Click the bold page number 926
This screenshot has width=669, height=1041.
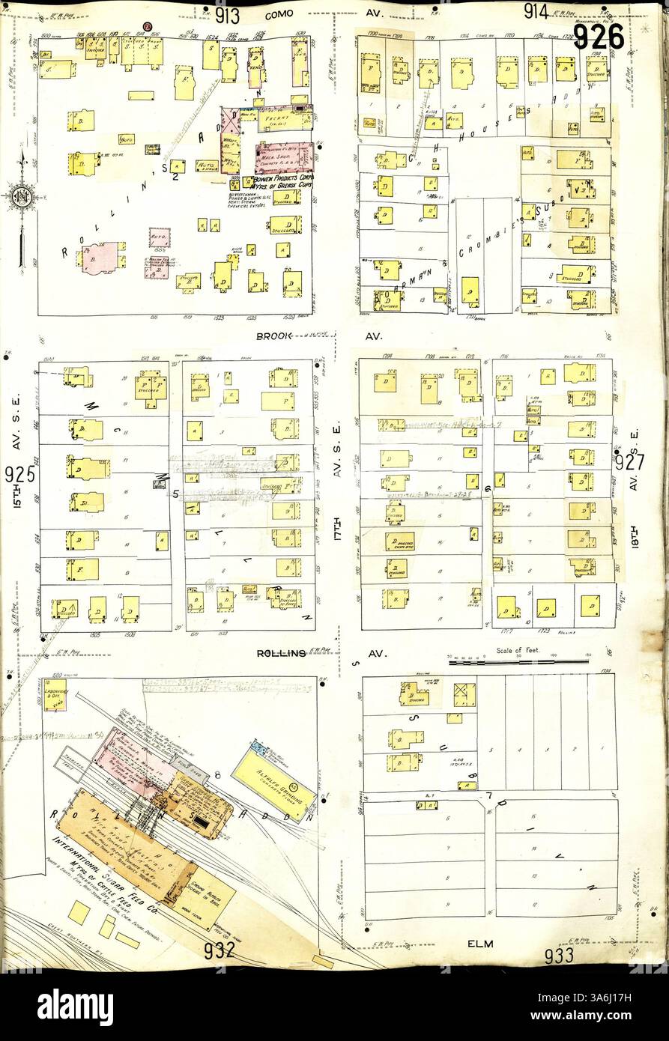point(599,35)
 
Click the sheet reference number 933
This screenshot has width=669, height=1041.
point(559,955)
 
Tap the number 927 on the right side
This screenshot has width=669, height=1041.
point(630,462)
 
